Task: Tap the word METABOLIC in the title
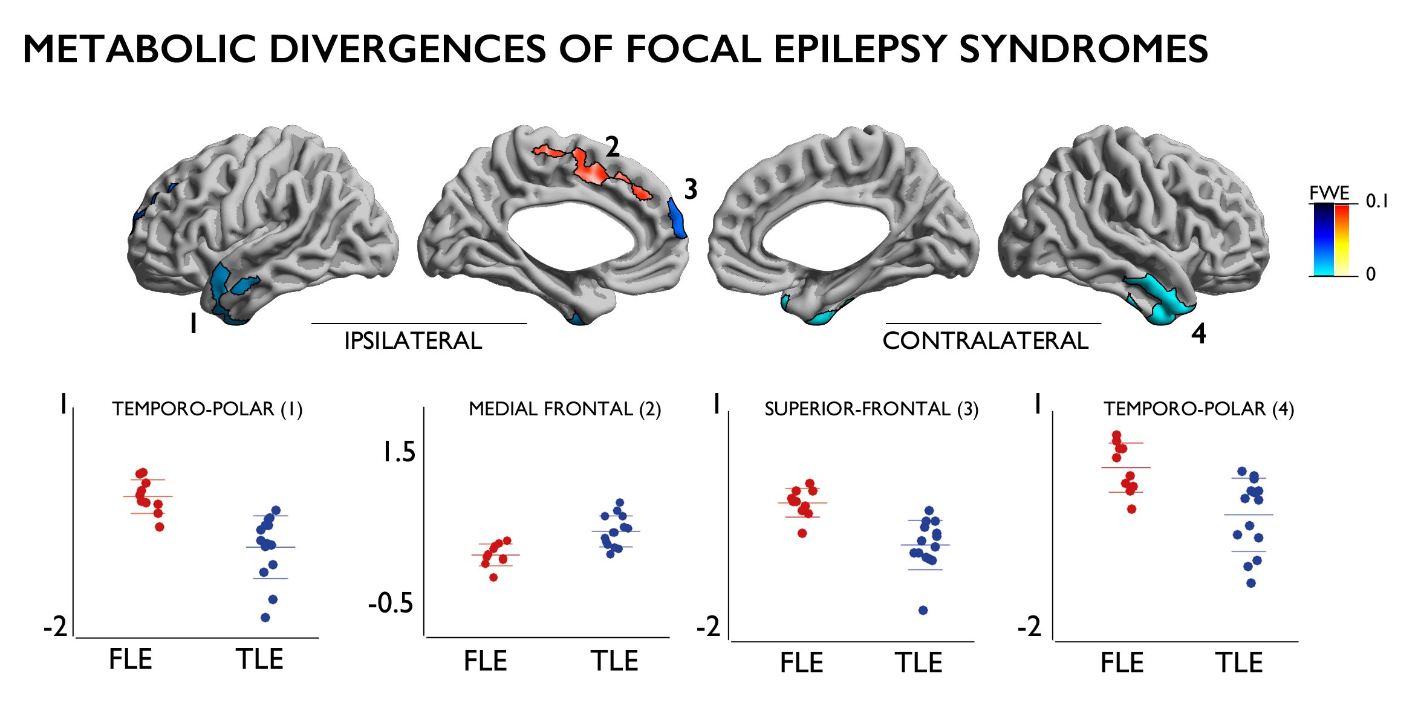pos(140,49)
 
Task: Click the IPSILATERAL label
pos(413,341)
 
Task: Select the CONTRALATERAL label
pos(985,341)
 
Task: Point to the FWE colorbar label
pos(1329,193)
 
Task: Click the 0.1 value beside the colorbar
pos(1377,201)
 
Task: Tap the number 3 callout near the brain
pos(691,189)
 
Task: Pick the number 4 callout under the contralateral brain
pos(1198,333)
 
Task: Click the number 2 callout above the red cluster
pos(613,147)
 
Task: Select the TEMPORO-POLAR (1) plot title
pos(207,409)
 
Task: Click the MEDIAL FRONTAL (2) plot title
pos(565,409)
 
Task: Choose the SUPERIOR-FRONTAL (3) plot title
pos(871,409)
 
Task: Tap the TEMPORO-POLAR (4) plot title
pos(1198,409)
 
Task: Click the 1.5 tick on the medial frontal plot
pos(399,452)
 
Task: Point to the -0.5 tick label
pos(391,603)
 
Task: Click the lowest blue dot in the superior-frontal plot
pos(923,610)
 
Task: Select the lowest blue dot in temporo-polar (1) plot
pos(265,617)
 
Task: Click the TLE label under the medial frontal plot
pos(614,661)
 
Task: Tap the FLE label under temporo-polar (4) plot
pos(1122,663)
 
